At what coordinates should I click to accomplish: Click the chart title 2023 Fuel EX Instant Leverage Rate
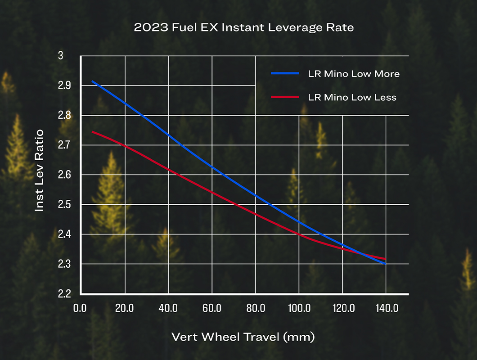[x=243, y=27]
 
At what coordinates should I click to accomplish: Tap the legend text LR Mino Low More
[x=354, y=74]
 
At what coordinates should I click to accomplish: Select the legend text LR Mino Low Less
[x=352, y=97]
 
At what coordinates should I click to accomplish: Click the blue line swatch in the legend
[x=284, y=73]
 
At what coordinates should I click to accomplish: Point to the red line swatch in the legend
[x=284, y=97]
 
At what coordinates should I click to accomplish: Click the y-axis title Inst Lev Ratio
[x=40, y=171]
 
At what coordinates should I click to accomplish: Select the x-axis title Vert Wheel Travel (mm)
[x=243, y=337]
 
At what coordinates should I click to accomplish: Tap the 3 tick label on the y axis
[x=61, y=56]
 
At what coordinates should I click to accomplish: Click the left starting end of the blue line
[x=92, y=81]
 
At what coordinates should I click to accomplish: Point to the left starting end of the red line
[x=92, y=132]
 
